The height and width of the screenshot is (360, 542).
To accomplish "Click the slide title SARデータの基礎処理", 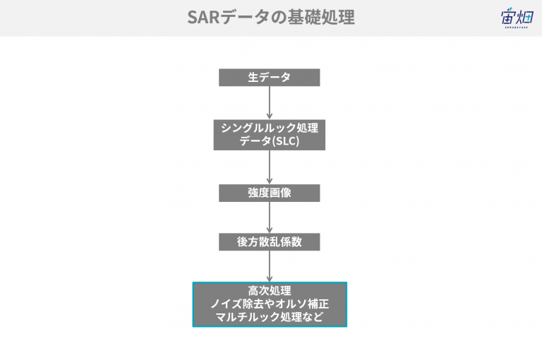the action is click(x=271, y=17).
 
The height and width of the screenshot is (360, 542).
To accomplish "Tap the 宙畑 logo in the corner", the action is click(x=517, y=18).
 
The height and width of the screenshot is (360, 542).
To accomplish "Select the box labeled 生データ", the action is click(x=270, y=78).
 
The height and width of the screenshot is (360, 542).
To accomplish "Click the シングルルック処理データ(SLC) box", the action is click(x=270, y=136).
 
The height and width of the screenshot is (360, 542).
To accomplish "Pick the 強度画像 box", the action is click(x=270, y=193).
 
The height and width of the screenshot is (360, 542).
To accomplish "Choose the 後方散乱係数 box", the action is click(x=270, y=241).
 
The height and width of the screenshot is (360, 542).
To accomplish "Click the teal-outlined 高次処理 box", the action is click(x=270, y=304).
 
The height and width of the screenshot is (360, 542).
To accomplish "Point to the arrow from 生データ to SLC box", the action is click(x=270, y=103).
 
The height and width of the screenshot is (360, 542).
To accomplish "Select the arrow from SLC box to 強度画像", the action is click(x=270, y=167).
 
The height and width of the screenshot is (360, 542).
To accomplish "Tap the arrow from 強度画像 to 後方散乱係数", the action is click(x=270, y=217).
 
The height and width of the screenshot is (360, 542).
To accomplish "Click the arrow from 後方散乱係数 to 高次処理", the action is click(x=270, y=266).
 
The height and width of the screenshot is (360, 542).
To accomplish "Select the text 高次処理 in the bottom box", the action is click(x=270, y=291).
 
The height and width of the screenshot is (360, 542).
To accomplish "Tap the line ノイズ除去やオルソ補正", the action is click(x=270, y=304).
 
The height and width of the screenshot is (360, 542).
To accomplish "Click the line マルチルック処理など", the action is click(x=270, y=317).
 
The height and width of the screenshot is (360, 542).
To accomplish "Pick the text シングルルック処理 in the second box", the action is click(x=270, y=128).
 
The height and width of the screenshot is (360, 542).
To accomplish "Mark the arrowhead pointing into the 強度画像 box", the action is click(x=270, y=181).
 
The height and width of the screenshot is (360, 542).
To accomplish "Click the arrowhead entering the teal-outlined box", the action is click(x=270, y=279).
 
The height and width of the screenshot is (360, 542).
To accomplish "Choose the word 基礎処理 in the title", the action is click(x=321, y=17).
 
